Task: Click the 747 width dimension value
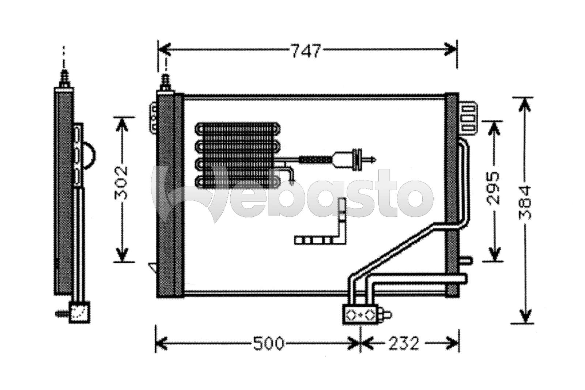(305, 51)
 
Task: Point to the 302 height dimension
(121, 182)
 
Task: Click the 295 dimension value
(492, 188)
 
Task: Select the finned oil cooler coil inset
(237, 155)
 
